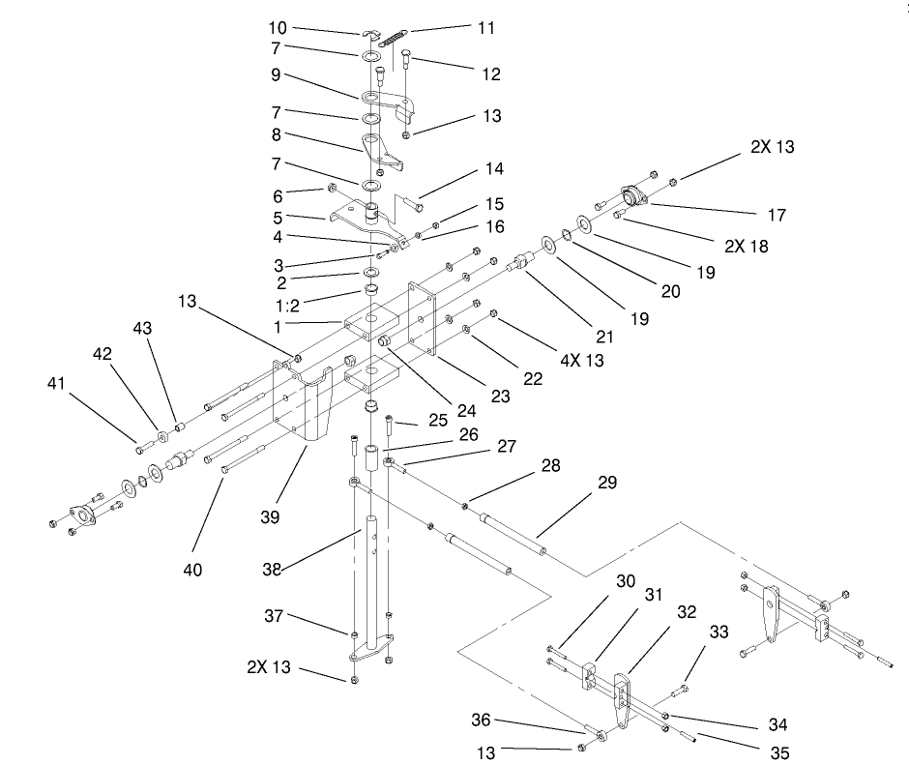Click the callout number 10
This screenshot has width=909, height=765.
pyautogui.click(x=278, y=28)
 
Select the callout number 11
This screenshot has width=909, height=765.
pyautogui.click(x=486, y=28)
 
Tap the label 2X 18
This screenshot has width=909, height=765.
pyautogui.click(x=747, y=247)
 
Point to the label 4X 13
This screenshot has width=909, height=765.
pyautogui.click(x=582, y=361)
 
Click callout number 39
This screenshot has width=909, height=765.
pyautogui.click(x=270, y=517)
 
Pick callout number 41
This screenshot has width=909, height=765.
pyautogui.click(x=56, y=383)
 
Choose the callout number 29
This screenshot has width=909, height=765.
pyautogui.click(x=607, y=483)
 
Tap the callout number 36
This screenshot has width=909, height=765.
pyautogui.click(x=482, y=721)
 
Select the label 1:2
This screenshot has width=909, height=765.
pyautogui.click(x=287, y=306)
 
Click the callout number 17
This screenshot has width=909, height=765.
pyautogui.click(x=777, y=215)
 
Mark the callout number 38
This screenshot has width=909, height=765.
pyautogui.click(x=272, y=570)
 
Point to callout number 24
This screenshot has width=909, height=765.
pyautogui.click(x=467, y=411)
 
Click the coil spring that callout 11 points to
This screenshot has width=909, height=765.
pyautogui.click(x=392, y=40)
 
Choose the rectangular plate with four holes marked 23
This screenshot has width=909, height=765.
pyautogui.click(x=422, y=318)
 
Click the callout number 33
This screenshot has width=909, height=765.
pyautogui.click(x=718, y=633)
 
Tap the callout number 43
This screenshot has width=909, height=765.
pyautogui.click(x=142, y=328)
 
